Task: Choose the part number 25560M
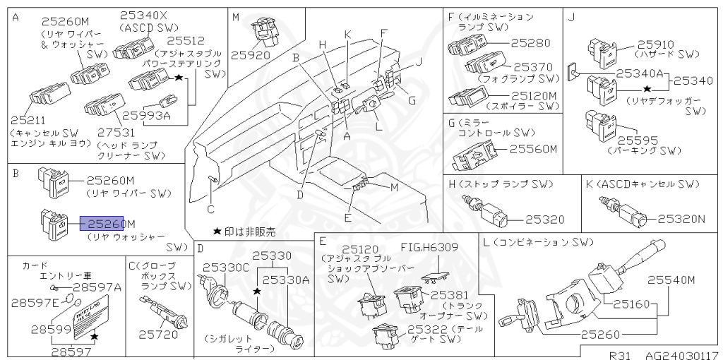[x=534, y=149]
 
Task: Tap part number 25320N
[x=683, y=219]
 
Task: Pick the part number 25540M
[x=672, y=280]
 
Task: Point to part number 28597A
[x=97, y=287]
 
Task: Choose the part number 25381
[x=449, y=295]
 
